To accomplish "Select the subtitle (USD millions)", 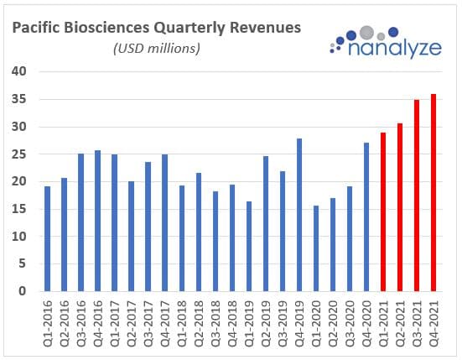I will (x=156, y=49).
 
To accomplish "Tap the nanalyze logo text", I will (x=391, y=50).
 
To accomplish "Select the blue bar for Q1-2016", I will (x=48, y=238).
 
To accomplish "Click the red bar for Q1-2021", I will (x=382, y=211).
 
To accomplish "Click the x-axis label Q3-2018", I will (x=215, y=322).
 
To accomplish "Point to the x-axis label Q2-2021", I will (x=400, y=322).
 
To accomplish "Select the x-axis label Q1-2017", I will (x=115, y=322).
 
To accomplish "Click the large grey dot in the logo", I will (x=366, y=34).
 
